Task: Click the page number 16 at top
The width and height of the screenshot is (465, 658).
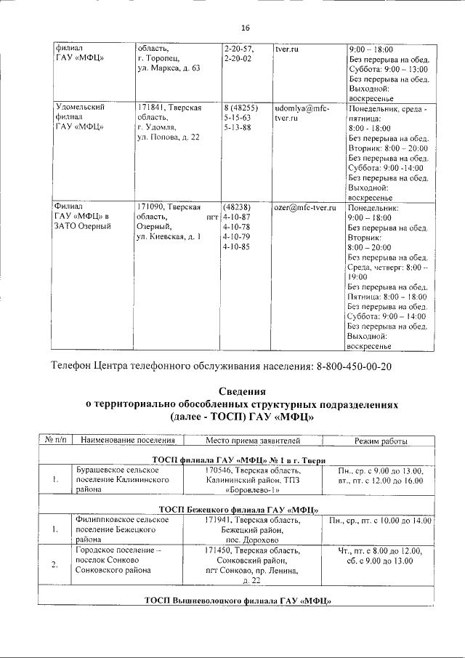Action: click(x=245, y=28)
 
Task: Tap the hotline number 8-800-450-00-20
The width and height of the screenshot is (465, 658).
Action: click(x=354, y=365)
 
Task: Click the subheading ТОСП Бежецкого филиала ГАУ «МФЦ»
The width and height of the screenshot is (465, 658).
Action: click(x=238, y=510)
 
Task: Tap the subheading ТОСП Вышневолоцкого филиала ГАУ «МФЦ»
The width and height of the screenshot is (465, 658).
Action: click(x=238, y=600)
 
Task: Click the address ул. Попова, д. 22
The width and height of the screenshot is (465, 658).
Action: click(x=169, y=138)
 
